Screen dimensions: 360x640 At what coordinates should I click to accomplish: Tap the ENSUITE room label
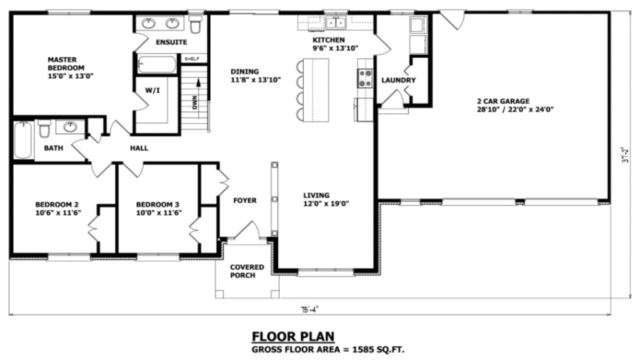(171, 42)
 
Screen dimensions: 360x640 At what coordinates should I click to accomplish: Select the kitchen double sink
(335, 22)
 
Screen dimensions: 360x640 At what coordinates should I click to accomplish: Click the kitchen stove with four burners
(364, 78)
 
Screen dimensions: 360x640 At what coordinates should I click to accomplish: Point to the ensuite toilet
(195, 23)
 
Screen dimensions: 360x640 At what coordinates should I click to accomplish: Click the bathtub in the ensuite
(157, 65)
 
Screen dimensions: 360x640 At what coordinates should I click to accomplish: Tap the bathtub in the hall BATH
(22, 139)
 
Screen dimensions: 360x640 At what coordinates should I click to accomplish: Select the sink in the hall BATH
(70, 126)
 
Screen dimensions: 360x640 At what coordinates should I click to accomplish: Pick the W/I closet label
(152, 90)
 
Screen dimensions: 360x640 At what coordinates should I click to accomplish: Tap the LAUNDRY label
(398, 80)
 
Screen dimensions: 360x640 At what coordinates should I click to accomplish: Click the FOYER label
(245, 200)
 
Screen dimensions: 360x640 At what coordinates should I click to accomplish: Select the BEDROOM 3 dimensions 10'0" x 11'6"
(158, 212)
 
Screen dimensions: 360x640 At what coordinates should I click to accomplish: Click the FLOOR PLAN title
(293, 336)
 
